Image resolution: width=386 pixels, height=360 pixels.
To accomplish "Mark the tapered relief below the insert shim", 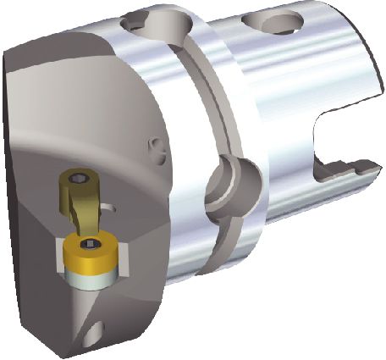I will (x=91, y=301).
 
